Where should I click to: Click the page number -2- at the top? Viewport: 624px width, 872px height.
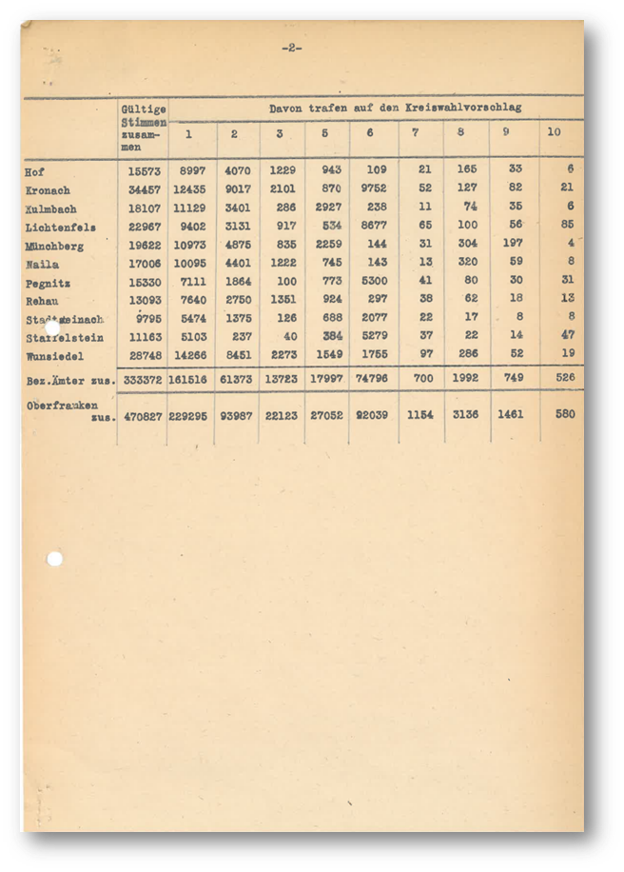click(292, 48)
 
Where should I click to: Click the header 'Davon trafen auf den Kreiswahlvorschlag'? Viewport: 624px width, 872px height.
click(395, 109)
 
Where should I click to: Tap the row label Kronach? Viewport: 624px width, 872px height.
click(48, 190)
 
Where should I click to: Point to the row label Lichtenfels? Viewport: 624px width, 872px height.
click(60, 228)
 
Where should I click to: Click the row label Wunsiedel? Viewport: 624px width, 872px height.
click(55, 356)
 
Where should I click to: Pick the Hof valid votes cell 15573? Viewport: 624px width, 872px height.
click(144, 171)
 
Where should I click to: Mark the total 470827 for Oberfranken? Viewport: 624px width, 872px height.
click(143, 415)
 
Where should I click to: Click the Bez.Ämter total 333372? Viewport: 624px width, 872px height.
click(143, 380)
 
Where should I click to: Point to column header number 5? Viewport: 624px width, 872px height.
click(325, 133)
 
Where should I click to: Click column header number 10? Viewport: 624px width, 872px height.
click(554, 132)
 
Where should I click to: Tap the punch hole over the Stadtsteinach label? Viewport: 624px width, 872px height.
click(53, 326)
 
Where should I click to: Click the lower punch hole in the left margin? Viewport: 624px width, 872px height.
click(54, 558)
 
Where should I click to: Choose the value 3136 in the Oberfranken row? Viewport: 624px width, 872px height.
click(465, 415)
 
